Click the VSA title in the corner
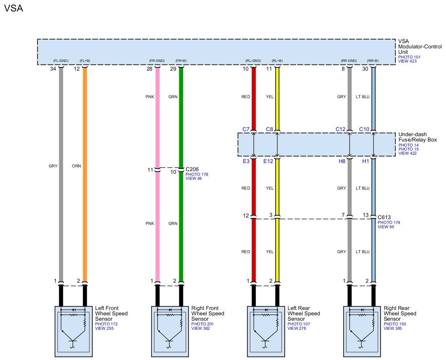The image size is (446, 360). [x=13, y=8]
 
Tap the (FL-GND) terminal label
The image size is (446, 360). [x=61, y=61]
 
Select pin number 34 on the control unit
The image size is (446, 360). [x=53, y=69]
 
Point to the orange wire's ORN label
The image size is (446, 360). [x=76, y=166]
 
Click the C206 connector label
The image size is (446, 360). [x=192, y=169]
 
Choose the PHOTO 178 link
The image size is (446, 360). [x=197, y=174]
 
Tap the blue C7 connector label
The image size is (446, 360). [x=246, y=129]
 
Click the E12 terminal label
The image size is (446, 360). [x=268, y=161]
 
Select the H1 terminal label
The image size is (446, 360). [x=365, y=161]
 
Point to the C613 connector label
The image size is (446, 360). [x=384, y=217]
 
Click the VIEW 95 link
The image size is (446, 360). [x=386, y=227]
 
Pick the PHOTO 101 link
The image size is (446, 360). [x=409, y=57]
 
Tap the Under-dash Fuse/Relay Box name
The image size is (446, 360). [x=417, y=137]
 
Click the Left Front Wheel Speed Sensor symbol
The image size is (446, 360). [x=74, y=331]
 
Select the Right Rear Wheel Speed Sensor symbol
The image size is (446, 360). [x=362, y=331]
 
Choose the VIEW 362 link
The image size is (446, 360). [x=200, y=328]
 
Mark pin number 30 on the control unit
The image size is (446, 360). [x=365, y=69]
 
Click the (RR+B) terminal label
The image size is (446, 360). [x=372, y=61]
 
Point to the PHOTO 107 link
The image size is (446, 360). [x=298, y=324]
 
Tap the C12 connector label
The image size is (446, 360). [x=340, y=129]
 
